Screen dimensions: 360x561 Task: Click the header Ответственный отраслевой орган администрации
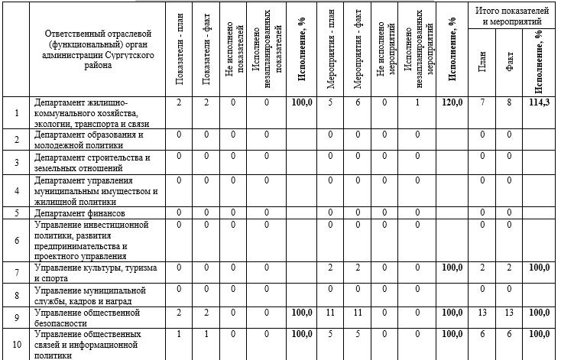point(99,50)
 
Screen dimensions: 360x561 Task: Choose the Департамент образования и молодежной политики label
point(89,139)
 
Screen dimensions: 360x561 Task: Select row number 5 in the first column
point(17,213)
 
